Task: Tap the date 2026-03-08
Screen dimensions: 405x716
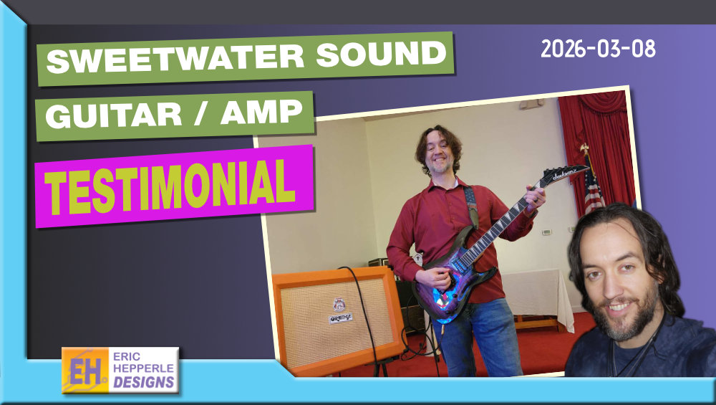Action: (x=598, y=49)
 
